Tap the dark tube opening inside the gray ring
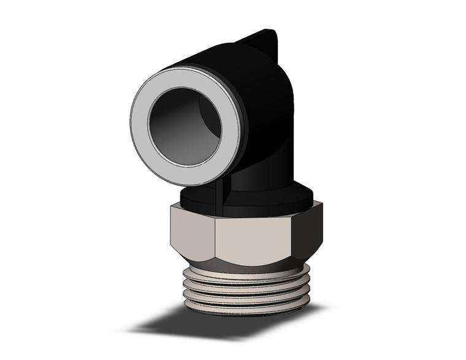coord(178,129)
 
